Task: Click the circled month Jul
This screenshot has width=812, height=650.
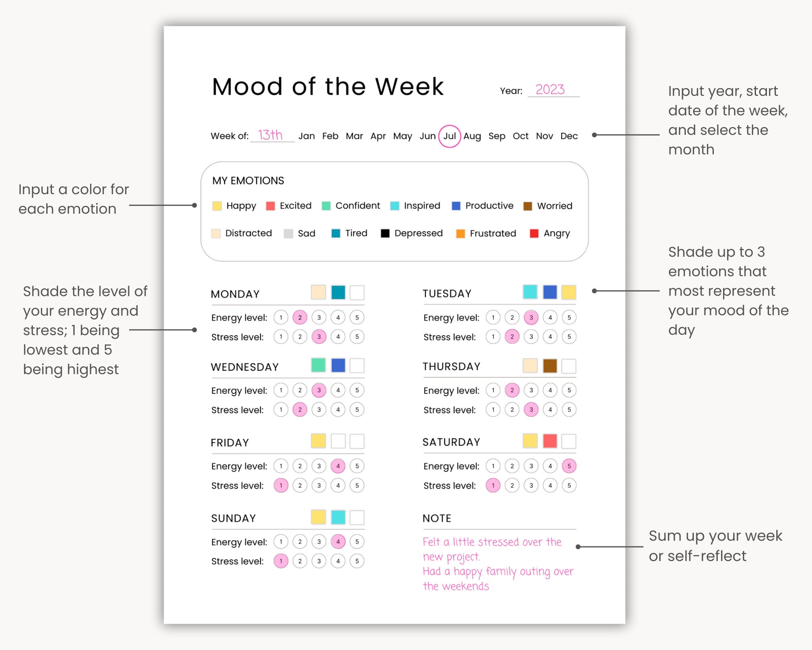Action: (449, 136)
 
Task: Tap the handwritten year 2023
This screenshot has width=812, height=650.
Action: (550, 89)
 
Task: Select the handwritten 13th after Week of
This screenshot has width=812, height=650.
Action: (270, 134)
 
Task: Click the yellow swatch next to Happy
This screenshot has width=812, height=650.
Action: (217, 206)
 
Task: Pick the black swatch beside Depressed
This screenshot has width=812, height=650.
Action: (385, 233)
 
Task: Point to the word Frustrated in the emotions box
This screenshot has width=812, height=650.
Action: (492, 233)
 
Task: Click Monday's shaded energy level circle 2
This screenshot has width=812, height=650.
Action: (300, 317)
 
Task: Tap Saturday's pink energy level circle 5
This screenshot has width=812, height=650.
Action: (569, 466)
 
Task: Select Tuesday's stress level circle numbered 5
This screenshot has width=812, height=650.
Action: (569, 336)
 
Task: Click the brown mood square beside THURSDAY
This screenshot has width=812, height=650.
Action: (550, 366)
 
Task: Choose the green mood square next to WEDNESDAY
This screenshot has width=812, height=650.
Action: (318, 365)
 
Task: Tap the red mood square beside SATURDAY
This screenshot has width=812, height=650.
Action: (550, 441)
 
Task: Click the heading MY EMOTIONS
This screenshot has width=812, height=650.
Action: (248, 181)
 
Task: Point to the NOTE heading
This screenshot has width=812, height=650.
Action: (437, 518)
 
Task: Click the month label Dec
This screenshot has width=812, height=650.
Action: (569, 136)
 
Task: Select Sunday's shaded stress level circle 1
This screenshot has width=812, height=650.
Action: (281, 561)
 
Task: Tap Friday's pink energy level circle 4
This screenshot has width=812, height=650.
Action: (338, 466)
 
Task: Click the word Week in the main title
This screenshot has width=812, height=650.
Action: (409, 87)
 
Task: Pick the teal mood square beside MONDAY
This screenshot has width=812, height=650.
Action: (338, 292)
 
